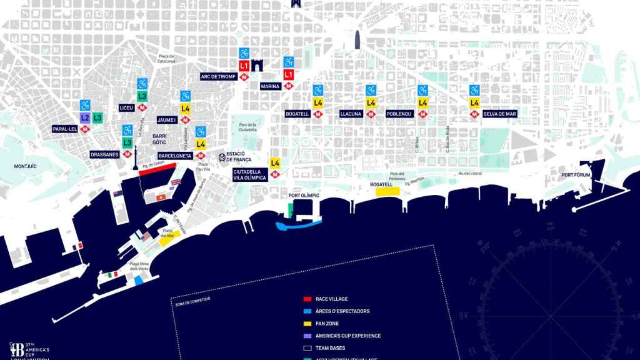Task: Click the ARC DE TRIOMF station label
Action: click(218, 77)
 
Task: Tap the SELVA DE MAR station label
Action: click(499, 114)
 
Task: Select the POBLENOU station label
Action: click(398, 114)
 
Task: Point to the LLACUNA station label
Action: click(351, 114)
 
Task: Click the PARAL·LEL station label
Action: click(65, 129)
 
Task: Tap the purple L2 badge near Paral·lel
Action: click(85, 117)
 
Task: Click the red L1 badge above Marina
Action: click(288, 74)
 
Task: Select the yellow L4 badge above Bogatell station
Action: click(317, 102)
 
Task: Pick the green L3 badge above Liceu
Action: click(142, 96)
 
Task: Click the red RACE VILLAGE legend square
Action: click(306, 299)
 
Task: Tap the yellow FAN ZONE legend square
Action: click(306, 323)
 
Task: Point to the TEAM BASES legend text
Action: click(330, 348)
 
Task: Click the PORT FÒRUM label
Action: click(576, 175)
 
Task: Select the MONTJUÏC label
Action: click(26, 166)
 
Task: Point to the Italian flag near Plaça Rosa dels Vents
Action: click(114, 275)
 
